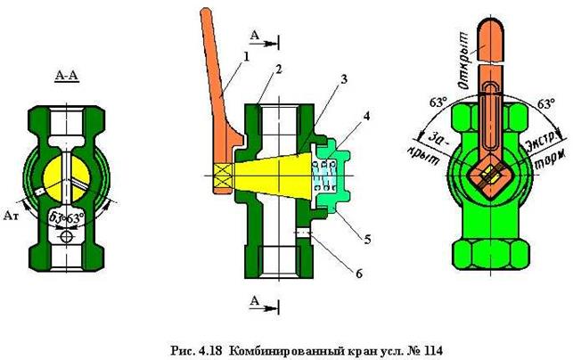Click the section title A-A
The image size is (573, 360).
pos(67,77)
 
